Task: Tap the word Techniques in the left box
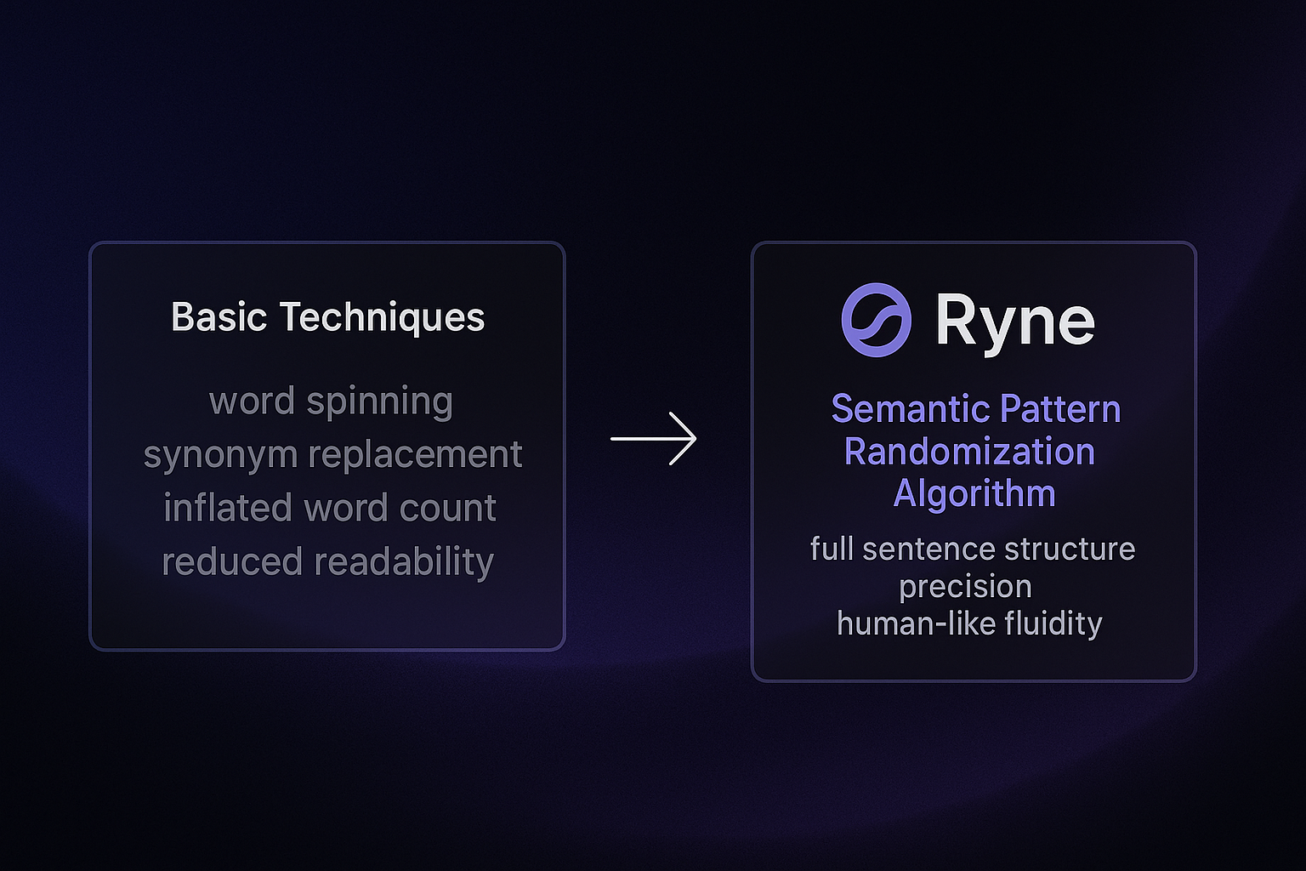(x=382, y=318)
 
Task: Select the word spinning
(x=379, y=402)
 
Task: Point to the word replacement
(x=415, y=455)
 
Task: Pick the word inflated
(x=227, y=507)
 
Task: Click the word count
(x=448, y=508)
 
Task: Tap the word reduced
(x=232, y=561)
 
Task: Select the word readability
(x=404, y=562)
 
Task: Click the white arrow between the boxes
(x=653, y=439)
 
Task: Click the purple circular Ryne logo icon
(x=877, y=320)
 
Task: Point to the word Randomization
(x=969, y=452)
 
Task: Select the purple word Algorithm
(x=974, y=494)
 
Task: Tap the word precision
(x=965, y=587)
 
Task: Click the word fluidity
(x=1053, y=624)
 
